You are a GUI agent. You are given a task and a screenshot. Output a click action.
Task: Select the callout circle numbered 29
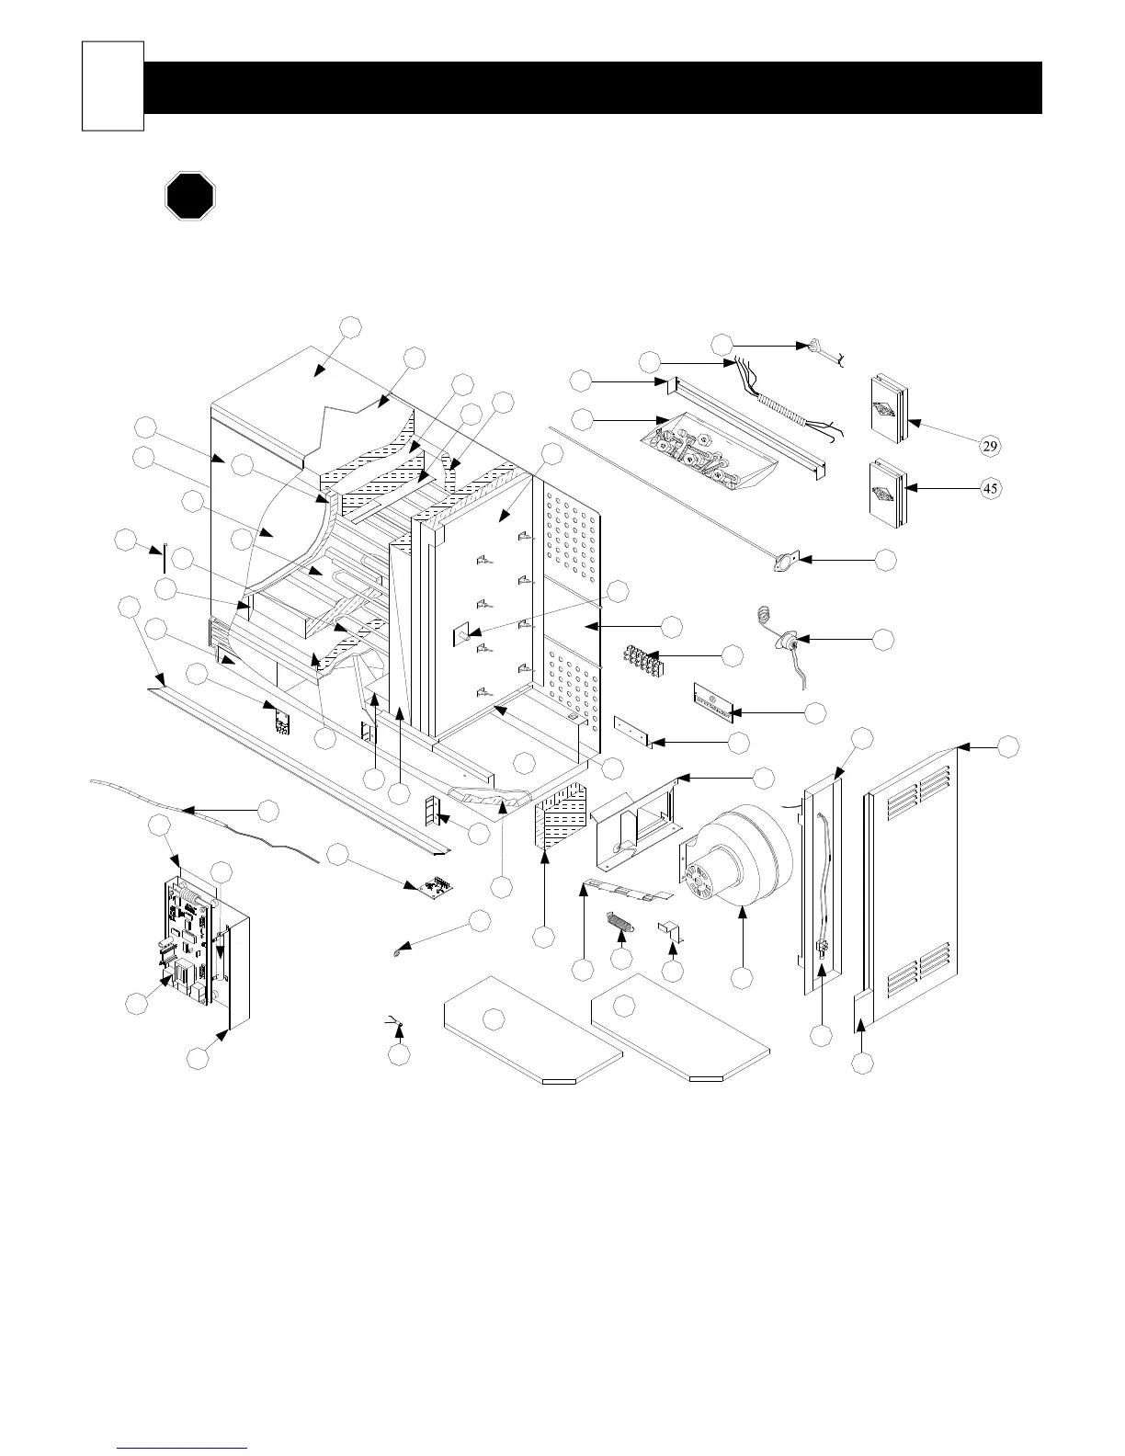990,447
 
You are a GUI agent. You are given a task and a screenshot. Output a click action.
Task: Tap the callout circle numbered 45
990,488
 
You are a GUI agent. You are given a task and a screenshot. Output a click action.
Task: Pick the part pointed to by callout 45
887,496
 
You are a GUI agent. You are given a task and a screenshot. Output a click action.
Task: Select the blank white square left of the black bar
113,85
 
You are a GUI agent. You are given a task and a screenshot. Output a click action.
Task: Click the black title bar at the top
593,87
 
